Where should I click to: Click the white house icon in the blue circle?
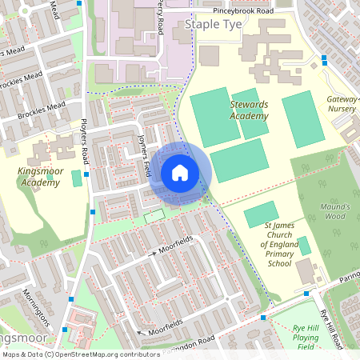[180, 173]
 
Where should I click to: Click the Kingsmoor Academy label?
[38, 176]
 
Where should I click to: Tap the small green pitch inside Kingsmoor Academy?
[77, 178]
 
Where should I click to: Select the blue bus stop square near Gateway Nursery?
[324, 58]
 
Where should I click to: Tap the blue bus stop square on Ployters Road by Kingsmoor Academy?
[86, 172]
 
